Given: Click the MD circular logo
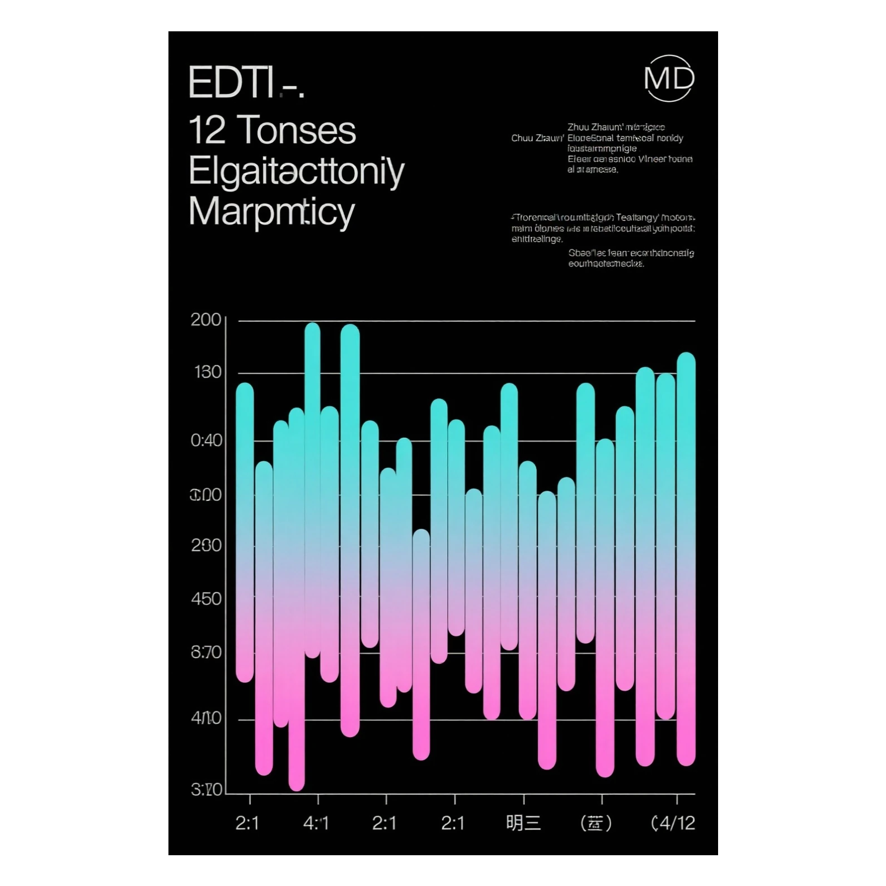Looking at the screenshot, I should (x=669, y=78).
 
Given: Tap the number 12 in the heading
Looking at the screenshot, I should (x=207, y=130).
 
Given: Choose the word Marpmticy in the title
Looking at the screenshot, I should (x=272, y=212).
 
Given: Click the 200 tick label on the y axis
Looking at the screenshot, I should (x=206, y=320).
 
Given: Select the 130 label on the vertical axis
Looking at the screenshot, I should (x=207, y=372).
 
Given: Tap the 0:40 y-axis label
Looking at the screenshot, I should (x=206, y=440).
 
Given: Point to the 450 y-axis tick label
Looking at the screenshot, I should (x=206, y=599).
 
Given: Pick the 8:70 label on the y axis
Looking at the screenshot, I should (x=206, y=652).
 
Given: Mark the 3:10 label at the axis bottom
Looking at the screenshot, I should (x=206, y=790).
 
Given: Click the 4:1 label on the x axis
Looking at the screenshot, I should (x=316, y=823).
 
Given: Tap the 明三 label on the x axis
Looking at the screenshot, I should (x=523, y=823).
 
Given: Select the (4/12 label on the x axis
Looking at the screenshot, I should (x=673, y=823).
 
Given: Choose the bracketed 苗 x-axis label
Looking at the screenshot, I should (x=596, y=823).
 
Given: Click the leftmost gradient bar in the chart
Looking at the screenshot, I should (x=245, y=532).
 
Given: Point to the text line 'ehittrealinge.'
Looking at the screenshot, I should (x=537, y=239).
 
